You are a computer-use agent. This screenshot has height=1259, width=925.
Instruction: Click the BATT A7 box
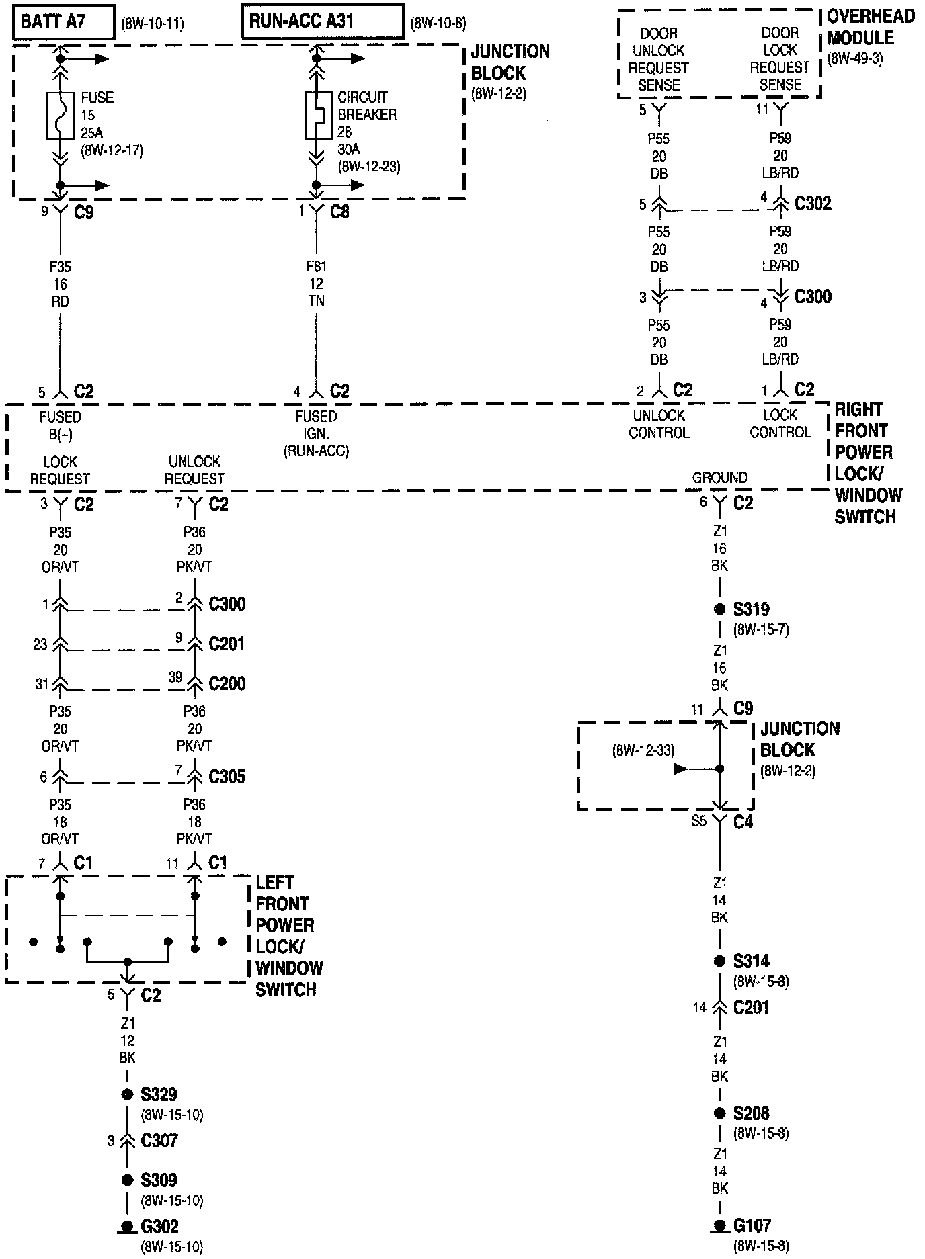coord(63,23)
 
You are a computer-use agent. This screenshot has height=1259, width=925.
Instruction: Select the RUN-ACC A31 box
coord(323,23)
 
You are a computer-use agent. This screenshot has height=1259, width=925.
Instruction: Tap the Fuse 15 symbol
coord(61,116)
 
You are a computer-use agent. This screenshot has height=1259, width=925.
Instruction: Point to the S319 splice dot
coord(720,609)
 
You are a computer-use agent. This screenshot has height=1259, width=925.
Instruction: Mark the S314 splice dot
coord(720,961)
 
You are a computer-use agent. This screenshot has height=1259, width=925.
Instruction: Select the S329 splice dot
coord(127,1094)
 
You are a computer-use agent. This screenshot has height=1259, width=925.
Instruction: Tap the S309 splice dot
coord(127,1180)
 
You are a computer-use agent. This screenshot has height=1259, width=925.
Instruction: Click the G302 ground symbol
coord(127,1227)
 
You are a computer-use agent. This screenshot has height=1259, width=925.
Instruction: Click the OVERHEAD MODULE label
coord(870,28)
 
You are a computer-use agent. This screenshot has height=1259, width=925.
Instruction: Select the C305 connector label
coord(227,777)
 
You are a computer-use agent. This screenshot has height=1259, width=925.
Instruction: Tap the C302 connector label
coord(812,203)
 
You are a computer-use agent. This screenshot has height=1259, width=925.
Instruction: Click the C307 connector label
coord(159,1140)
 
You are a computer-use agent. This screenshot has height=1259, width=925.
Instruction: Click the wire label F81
coord(316,267)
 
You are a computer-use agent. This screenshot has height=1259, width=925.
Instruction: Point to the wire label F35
coord(60,267)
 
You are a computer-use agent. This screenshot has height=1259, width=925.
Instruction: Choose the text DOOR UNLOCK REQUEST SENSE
coord(659,59)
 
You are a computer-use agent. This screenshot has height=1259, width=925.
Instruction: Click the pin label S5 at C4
coord(698,821)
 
